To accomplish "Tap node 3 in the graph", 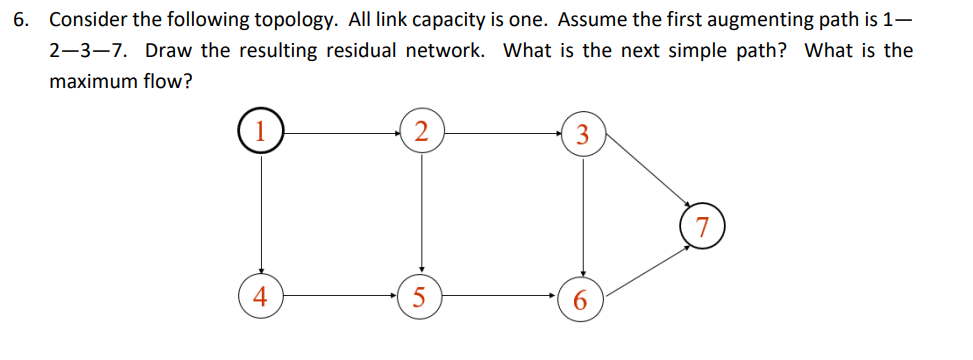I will pyautogui.click(x=583, y=135).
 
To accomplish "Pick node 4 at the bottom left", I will pyautogui.click(x=261, y=297).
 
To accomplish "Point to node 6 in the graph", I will pyautogui.click(x=583, y=300).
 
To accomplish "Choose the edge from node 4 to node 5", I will pyautogui.click(x=340, y=297).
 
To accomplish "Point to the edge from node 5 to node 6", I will pyautogui.click(x=501, y=297).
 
